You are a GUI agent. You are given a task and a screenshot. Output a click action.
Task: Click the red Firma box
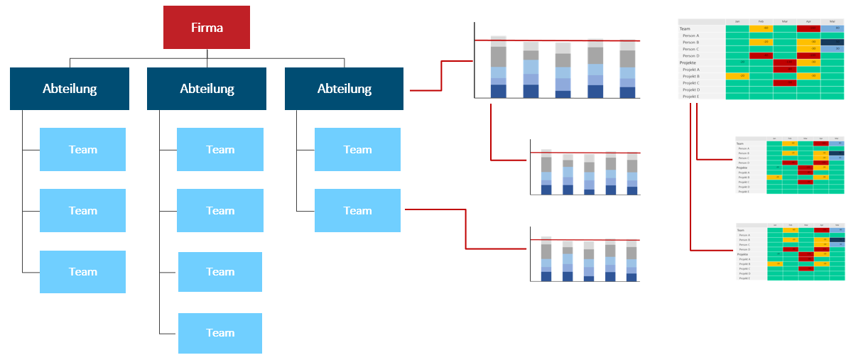[207, 28]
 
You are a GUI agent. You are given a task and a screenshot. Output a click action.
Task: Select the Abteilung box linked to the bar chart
[344, 89]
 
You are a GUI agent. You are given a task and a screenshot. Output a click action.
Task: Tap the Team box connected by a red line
[357, 210]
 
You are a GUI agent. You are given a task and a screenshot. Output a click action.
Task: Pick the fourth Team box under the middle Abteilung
[219, 333]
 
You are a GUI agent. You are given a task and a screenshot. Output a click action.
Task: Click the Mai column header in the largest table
[832, 21]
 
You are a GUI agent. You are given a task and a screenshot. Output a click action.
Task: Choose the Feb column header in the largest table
[761, 21]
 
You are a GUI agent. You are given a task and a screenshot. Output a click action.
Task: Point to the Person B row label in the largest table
[690, 42]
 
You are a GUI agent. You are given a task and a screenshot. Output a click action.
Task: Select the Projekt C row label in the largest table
[690, 83]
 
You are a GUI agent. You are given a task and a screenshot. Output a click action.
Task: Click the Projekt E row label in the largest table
[690, 96]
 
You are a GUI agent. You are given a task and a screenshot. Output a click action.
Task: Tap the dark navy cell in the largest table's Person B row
[832, 42]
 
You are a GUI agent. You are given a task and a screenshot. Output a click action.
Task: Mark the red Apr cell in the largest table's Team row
[808, 28]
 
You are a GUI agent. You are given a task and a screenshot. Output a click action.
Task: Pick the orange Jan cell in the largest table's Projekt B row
[737, 76]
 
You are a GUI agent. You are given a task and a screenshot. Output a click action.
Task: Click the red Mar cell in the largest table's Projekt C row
[785, 83]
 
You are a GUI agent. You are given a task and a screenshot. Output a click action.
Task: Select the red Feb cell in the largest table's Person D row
[761, 55]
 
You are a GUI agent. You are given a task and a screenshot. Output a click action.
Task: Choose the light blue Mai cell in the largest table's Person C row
[832, 49]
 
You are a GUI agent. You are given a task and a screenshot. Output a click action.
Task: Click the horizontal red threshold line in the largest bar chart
[557, 40]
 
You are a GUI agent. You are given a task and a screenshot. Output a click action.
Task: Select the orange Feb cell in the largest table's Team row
[761, 28]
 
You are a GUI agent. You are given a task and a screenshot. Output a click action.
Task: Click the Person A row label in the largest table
[690, 36]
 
